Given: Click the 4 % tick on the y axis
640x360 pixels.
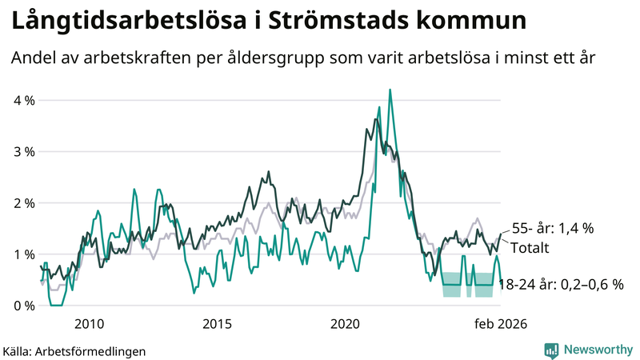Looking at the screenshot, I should [x=23, y=101].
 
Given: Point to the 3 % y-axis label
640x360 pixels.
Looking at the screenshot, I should [x=23, y=152].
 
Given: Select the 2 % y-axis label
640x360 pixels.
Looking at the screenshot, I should [x=23, y=203].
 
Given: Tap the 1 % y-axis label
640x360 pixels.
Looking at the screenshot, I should [x=23, y=254].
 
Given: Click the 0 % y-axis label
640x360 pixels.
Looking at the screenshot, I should [x=23, y=306].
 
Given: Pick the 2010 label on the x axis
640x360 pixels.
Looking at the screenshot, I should [x=89, y=323].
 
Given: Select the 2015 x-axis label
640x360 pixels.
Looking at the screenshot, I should [x=217, y=323].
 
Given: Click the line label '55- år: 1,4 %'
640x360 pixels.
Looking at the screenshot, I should [x=552, y=229].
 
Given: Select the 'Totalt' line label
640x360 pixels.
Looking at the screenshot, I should [x=530, y=247].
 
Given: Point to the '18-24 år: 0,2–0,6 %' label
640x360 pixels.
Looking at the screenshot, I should [x=560, y=284].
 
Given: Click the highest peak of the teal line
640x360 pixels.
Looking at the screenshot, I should [x=390, y=90].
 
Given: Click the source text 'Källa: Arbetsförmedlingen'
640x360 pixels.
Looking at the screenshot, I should [x=74, y=350].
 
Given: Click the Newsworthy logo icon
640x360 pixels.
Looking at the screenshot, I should [x=551, y=350].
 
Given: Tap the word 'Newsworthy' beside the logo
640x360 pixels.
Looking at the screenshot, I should [x=596, y=350].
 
